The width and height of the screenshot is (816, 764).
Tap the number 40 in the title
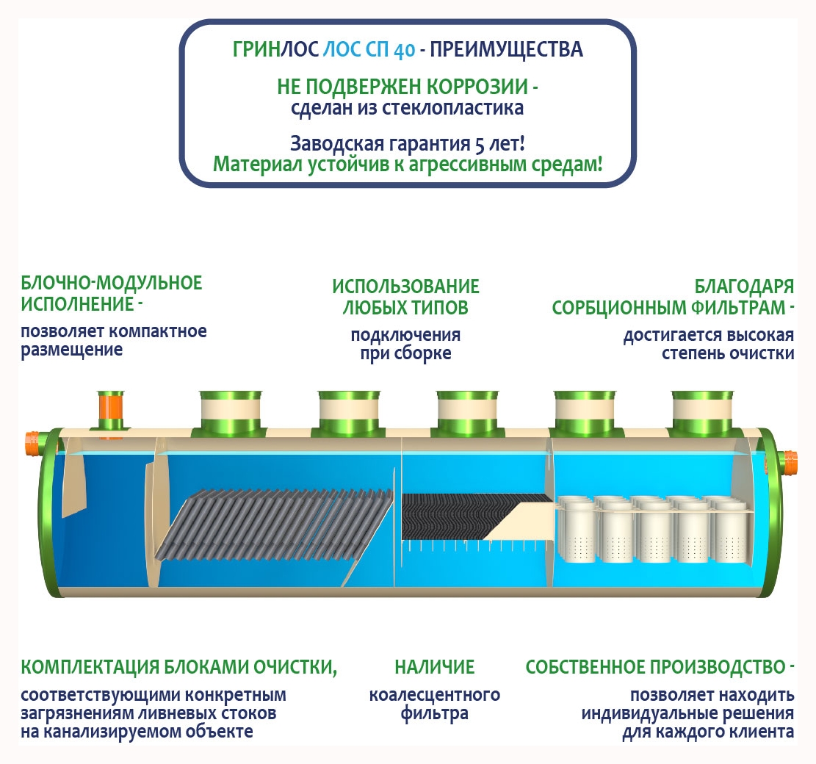click(403, 51)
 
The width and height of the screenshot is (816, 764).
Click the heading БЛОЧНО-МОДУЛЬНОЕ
click(112, 283)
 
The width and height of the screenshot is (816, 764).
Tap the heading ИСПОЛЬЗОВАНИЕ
click(405, 286)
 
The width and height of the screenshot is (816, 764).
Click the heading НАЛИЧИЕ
click(434, 667)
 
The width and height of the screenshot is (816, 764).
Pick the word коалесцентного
click(434, 695)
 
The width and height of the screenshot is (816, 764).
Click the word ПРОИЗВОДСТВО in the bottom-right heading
click(709, 667)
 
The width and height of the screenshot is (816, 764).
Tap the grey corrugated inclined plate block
click(272, 522)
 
